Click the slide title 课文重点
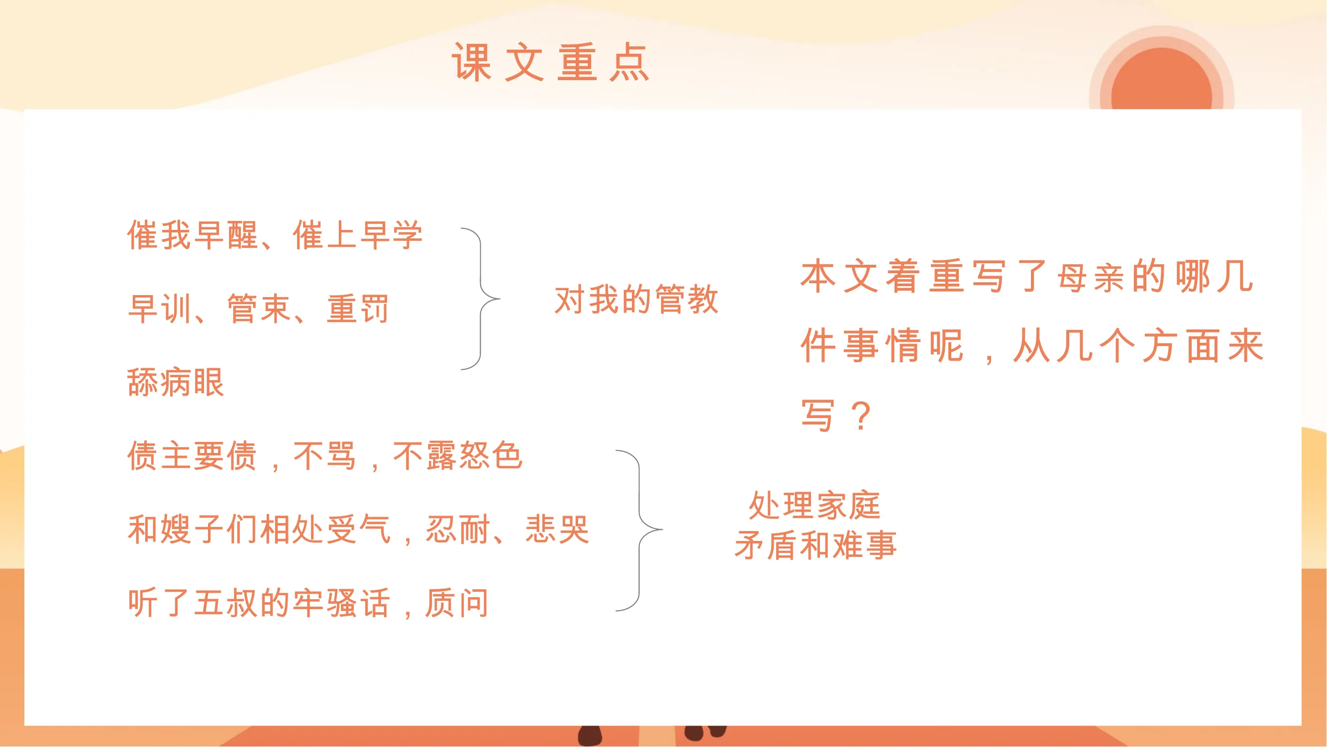coord(550,62)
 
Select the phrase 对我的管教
coord(636,299)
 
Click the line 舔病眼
coord(176,382)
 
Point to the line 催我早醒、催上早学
coord(275,235)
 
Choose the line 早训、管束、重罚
coord(258,309)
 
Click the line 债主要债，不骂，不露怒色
coord(324,455)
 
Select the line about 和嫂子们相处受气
coord(358,529)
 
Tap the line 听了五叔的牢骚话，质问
coord(308,603)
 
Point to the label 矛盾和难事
coord(816,545)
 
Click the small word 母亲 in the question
coord(1090,279)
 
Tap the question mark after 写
coord(861,416)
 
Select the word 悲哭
coord(557,529)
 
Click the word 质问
coord(456,603)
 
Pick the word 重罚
coord(358,309)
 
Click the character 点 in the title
coord(629,62)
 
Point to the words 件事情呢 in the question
coord(881,346)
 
